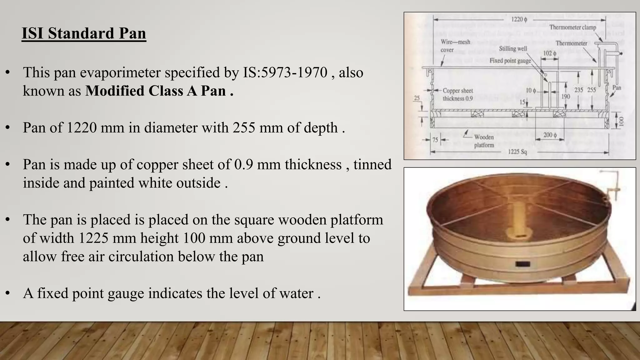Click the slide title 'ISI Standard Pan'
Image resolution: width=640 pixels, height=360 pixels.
click(84, 33)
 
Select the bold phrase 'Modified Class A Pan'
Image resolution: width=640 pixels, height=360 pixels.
click(156, 91)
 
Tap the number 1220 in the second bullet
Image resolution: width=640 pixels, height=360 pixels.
click(82, 128)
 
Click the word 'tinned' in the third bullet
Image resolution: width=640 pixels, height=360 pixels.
click(372, 165)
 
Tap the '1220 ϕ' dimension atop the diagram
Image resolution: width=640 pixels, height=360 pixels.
click(519, 19)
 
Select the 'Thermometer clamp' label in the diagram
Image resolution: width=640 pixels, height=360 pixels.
click(572, 27)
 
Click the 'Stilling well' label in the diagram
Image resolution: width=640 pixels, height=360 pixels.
click(513, 48)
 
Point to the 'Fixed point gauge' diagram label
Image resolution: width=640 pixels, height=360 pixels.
click(510, 61)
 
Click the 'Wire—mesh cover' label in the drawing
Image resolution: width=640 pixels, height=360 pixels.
click(455, 46)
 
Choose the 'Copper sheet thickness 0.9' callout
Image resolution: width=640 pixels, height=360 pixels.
click(457, 94)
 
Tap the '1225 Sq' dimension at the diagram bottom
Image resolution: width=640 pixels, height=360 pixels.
click(517, 152)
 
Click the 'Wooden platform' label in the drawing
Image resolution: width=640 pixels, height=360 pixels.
click(484, 141)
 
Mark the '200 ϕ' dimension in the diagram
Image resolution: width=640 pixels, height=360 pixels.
click(550, 135)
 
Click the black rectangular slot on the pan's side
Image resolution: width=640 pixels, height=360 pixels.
click(522, 264)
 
